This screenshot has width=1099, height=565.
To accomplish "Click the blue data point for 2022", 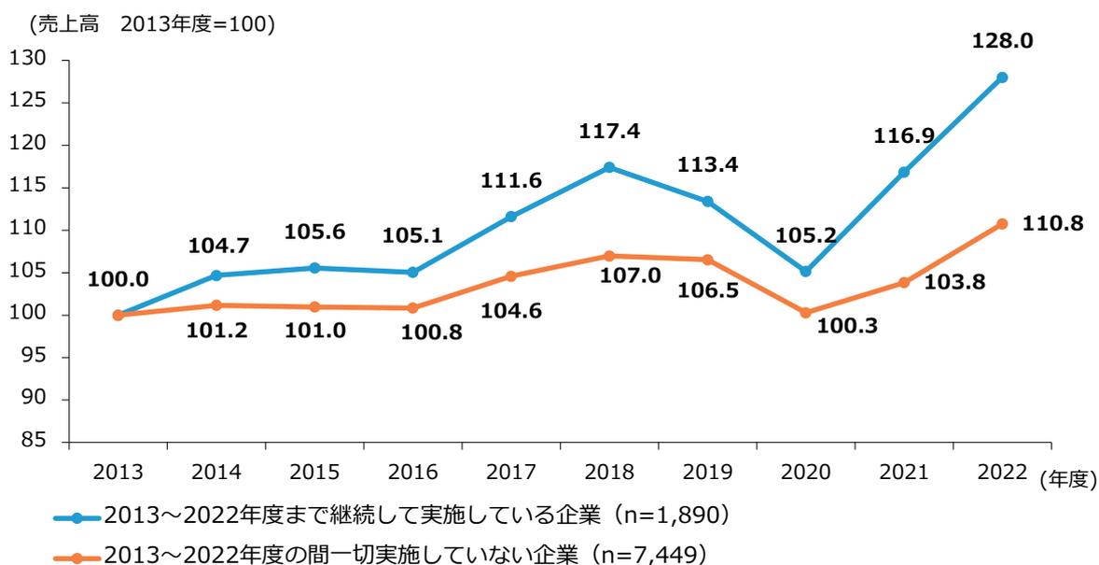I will click(x=1002, y=78).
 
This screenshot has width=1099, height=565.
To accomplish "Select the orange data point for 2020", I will click(x=805, y=313).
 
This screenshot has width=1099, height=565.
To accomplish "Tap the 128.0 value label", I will click(x=1002, y=41).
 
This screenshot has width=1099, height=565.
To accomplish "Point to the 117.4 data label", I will click(x=608, y=132).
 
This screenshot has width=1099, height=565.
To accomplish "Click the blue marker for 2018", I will click(x=609, y=167).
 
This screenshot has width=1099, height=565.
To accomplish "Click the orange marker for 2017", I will click(x=510, y=276).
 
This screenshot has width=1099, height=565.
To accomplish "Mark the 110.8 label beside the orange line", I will click(x=1052, y=226).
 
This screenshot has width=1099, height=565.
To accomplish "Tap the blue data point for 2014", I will click(x=216, y=275).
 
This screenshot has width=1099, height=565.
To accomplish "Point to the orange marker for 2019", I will click(x=707, y=260).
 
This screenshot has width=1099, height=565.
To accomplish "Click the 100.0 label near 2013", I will click(x=117, y=278).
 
